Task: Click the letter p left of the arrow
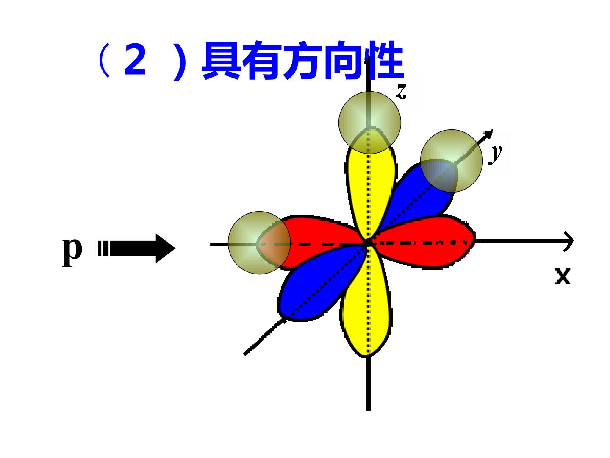[x=72, y=251]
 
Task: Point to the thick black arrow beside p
[x=137, y=249]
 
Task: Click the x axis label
[x=563, y=276]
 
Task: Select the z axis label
[x=401, y=92]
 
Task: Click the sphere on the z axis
[x=370, y=123]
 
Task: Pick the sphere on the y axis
[x=452, y=161]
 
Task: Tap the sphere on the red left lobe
[x=259, y=243]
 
